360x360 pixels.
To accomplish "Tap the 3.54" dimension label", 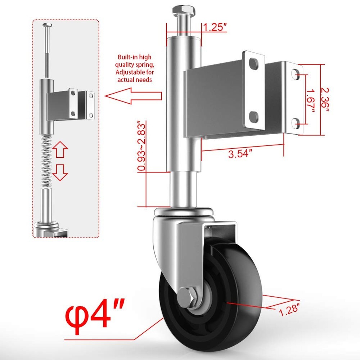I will (x=240, y=154).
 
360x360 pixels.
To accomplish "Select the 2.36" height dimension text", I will (x=325, y=99).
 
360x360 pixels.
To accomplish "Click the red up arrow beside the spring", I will (x=60, y=150).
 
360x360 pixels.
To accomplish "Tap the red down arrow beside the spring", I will (x=60, y=172).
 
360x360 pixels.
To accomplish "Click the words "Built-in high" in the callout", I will (x=135, y=57).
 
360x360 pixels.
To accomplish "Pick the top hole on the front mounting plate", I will (x=253, y=64).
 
